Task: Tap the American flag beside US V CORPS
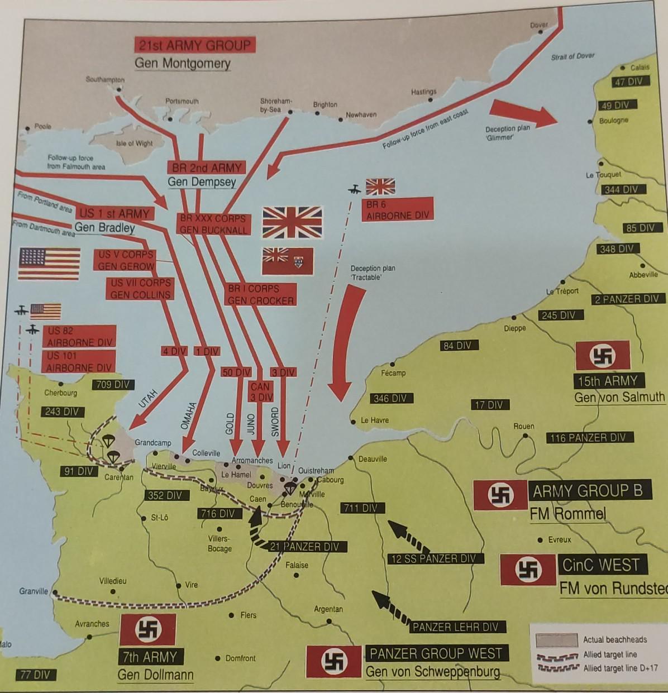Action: [x=49, y=264]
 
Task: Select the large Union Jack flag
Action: [x=292, y=222]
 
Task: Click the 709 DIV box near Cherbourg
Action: [x=112, y=384]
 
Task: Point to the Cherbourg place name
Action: [x=60, y=393]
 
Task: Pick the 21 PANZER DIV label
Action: [x=304, y=547]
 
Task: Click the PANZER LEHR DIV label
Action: [x=455, y=627]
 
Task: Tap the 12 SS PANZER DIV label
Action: [x=433, y=558]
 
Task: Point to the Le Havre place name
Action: [x=375, y=420]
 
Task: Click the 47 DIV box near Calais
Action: [x=628, y=82]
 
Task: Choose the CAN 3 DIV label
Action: [x=260, y=391]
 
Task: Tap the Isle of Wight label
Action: [x=134, y=144]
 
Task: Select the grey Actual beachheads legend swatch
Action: [x=556, y=639]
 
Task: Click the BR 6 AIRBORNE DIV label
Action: [x=397, y=210]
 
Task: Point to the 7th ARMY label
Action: [x=149, y=657]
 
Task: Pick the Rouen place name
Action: [x=523, y=426]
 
